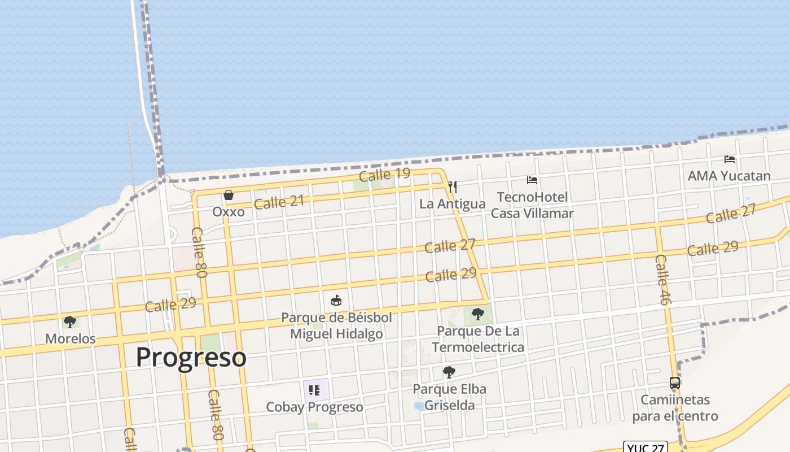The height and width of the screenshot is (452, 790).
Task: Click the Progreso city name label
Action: click(191, 357)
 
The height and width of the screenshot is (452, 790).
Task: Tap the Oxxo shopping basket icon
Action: click(229, 195)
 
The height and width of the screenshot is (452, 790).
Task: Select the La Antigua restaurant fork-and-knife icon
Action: click(452, 186)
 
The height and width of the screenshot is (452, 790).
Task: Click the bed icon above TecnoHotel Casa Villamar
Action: click(532, 180)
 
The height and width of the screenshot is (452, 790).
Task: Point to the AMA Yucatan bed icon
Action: click(729, 159)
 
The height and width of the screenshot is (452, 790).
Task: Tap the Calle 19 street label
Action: click(384, 175)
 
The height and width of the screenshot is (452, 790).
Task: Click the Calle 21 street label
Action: click(279, 202)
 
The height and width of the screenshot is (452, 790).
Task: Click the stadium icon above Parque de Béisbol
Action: click(336, 299)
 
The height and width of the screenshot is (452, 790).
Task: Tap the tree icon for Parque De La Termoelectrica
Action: click(478, 313)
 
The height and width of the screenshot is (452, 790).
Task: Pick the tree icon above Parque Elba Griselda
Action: click(449, 372)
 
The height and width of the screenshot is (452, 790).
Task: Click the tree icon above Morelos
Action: click(70, 322)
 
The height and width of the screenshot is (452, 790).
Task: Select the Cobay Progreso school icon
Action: click(314, 390)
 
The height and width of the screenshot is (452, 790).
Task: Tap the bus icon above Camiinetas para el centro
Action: click(674, 383)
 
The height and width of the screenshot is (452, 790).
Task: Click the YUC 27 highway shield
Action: click(646, 447)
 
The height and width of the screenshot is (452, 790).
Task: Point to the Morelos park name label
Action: click(71, 339)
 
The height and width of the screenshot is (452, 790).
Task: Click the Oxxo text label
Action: click(229, 212)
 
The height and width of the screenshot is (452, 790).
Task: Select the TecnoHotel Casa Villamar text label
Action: click(532, 205)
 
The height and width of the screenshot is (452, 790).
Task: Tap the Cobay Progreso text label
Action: click(314, 407)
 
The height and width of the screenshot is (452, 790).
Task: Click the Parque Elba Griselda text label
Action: click(449, 397)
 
